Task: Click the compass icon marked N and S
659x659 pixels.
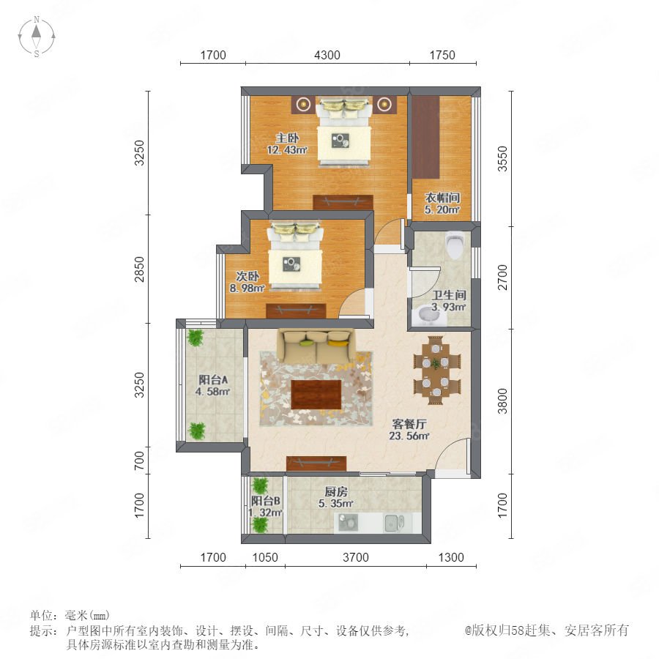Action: pyautogui.click(x=37, y=37)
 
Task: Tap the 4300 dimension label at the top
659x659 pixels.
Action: pyautogui.click(x=327, y=55)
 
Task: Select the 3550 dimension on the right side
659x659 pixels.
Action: pyautogui.click(x=502, y=159)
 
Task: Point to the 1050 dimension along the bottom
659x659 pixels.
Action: pyautogui.click(x=265, y=557)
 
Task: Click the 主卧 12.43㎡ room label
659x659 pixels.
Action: pyautogui.click(x=288, y=144)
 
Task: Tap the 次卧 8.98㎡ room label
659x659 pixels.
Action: pyautogui.click(x=247, y=282)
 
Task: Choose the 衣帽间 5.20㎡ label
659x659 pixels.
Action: pyautogui.click(x=442, y=204)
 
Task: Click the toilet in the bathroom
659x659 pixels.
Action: pyautogui.click(x=454, y=245)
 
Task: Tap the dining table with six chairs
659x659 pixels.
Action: pyautogui.click(x=436, y=370)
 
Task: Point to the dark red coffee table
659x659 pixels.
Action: pyautogui.click(x=316, y=394)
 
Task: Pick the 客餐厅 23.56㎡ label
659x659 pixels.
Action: pyautogui.click(x=409, y=430)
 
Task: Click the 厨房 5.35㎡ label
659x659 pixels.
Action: pyautogui.click(x=336, y=497)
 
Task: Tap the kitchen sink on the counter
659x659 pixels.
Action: pyautogui.click(x=394, y=523)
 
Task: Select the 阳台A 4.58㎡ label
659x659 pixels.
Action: pyautogui.click(x=212, y=385)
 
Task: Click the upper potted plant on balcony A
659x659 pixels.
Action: pyautogui.click(x=196, y=338)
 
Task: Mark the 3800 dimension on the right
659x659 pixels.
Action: pyautogui.click(x=502, y=401)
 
